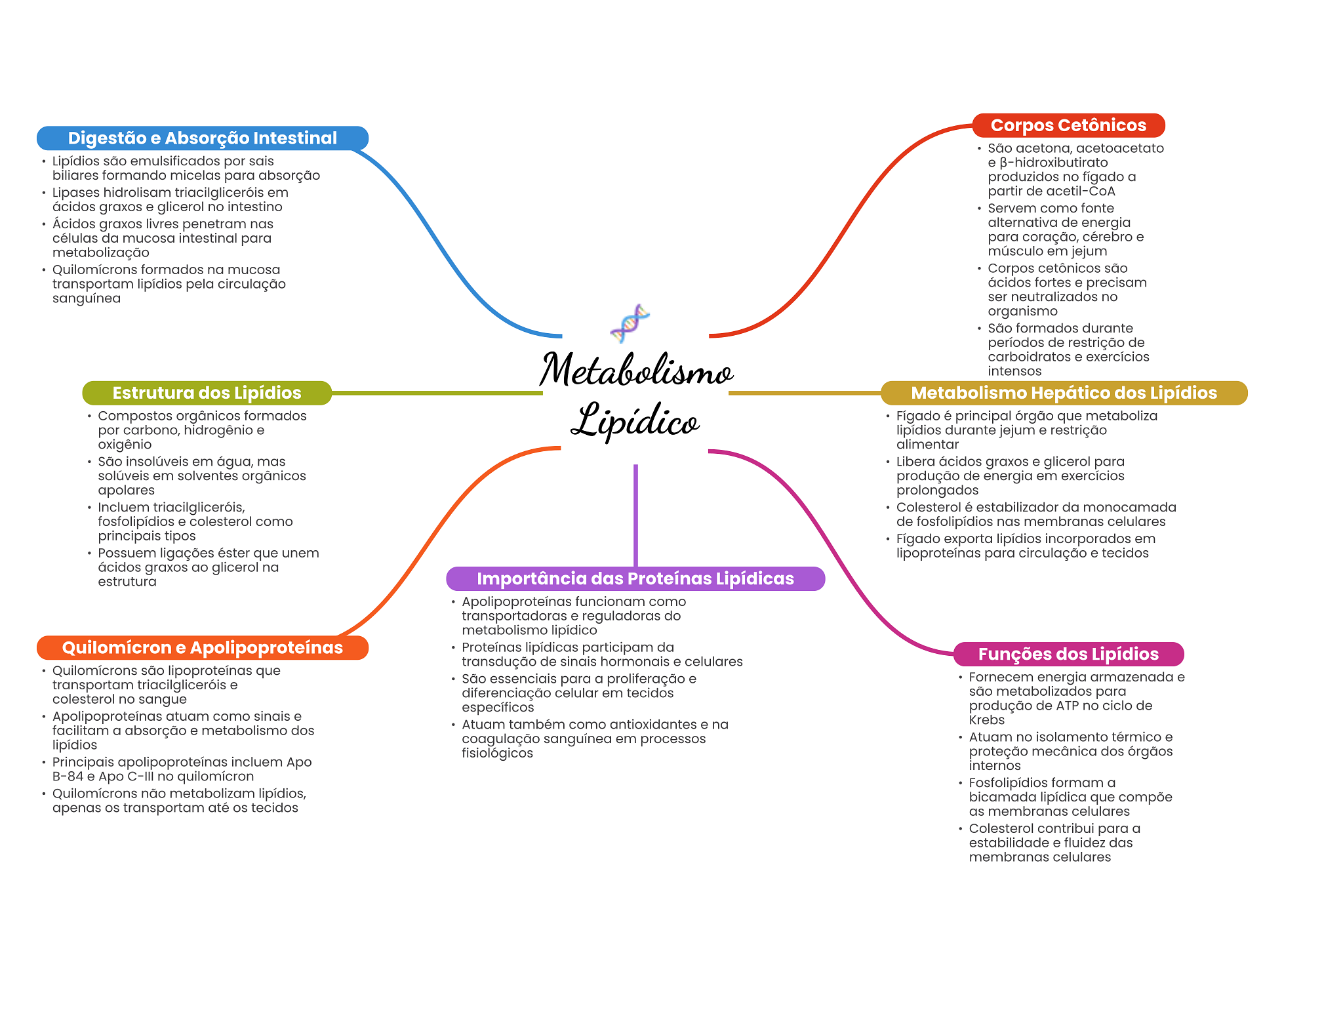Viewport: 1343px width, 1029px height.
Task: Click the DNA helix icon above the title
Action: coord(630,323)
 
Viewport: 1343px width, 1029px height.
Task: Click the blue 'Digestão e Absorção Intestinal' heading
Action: coord(202,138)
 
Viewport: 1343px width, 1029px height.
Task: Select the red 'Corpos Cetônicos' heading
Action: coord(1068,125)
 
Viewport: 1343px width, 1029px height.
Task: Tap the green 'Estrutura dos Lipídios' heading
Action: coord(207,393)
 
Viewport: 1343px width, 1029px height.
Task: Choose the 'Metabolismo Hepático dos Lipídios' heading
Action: coord(1064,393)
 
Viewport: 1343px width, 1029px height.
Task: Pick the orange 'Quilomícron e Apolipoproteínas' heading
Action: coord(202,648)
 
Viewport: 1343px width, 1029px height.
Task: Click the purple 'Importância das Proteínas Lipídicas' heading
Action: coord(635,578)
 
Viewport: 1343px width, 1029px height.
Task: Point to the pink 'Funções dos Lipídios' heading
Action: coord(1068,654)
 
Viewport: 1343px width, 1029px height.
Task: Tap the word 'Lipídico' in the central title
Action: coord(635,420)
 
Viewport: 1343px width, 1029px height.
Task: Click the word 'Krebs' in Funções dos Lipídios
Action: coord(986,720)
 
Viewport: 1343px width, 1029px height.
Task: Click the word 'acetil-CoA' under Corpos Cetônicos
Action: coord(1083,192)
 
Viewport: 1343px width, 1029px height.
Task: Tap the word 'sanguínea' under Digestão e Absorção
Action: coord(87,298)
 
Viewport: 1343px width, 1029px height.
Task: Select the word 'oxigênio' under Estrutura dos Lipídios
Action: coord(125,445)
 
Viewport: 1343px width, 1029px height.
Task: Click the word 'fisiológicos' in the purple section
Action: coord(497,754)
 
